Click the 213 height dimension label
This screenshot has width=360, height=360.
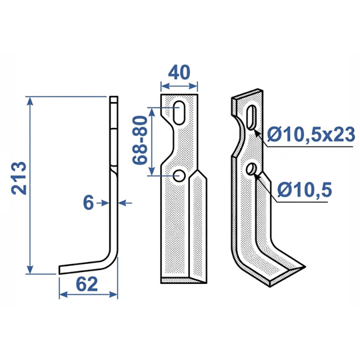(19, 178)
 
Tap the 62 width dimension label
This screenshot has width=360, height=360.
(87, 284)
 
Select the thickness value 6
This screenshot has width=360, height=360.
(89, 203)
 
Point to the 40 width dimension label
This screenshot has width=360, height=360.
(179, 72)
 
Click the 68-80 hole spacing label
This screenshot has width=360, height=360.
(140, 140)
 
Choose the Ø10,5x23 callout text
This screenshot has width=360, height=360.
(311, 135)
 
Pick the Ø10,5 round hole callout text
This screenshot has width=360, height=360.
(305, 190)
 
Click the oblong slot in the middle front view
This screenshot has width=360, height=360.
(179, 113)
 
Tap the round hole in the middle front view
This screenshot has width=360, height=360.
(179, 175)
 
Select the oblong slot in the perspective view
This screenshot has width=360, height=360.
(252, 117)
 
